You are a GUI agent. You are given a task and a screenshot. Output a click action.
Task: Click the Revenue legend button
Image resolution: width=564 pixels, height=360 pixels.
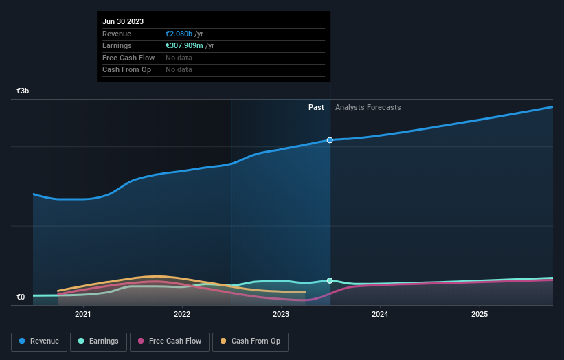point(39,341)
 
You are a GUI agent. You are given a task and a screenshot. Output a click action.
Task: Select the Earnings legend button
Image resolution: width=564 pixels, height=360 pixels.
point(98,341)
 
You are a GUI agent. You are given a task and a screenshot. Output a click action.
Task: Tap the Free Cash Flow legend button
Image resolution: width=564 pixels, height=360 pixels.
point(170,341)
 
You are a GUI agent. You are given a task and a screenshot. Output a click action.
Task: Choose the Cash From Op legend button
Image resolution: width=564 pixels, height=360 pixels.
point(250,341)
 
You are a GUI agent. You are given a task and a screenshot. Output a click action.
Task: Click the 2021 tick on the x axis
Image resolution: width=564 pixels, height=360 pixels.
point(83,315)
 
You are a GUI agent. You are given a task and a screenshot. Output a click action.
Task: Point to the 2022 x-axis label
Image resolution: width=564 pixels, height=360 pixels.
point(182,315)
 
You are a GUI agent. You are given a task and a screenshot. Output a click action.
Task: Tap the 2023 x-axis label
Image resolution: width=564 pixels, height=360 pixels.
point(281,315)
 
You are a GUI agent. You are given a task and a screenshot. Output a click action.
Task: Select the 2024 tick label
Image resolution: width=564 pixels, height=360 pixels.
point(380,315)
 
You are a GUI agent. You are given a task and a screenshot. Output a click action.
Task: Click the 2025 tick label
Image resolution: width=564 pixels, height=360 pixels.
point(480,315)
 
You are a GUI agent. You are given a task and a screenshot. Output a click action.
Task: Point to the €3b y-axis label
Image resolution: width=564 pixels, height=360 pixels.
point(23,91)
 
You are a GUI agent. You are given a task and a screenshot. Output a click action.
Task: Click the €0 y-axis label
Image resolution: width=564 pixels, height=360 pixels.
point(21,297)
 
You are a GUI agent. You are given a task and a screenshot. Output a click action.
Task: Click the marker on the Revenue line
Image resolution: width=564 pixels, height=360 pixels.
point(330,140)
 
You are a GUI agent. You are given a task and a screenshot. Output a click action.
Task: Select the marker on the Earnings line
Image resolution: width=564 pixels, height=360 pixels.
point(330,280)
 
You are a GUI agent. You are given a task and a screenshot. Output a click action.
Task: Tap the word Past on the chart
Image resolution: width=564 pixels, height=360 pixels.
point(316,107)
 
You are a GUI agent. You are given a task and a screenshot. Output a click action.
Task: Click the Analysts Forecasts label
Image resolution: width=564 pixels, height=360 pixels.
point(368,107)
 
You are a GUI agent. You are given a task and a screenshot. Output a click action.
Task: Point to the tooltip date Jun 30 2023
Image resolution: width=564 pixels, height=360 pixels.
point(123,22)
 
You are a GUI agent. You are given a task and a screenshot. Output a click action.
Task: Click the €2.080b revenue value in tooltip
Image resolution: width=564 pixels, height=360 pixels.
point(179,34)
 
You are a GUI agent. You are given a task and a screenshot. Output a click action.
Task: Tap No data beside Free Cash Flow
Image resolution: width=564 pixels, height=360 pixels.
point(179,58)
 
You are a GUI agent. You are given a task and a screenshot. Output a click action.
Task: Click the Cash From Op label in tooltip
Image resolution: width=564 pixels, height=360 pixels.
point(128,69)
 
